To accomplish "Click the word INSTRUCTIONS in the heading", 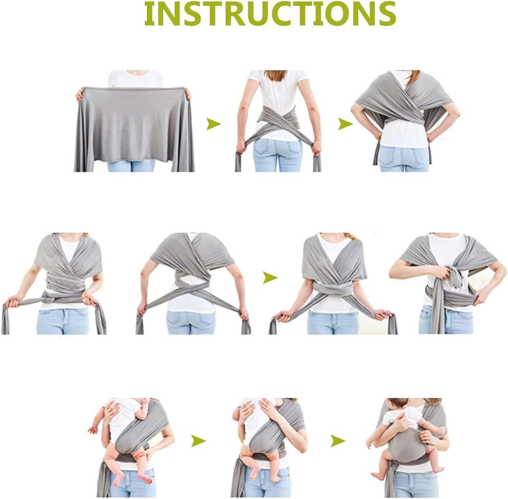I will (270, 14).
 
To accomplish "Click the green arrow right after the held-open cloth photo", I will (213, 124).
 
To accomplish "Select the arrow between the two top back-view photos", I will (345, 124).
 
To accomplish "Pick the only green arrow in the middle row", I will (270, 278).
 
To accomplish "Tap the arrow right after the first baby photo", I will (198, 440).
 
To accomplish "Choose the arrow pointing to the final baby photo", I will (338, 440).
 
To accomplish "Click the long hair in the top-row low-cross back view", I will (275, 75).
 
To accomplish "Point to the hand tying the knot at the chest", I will (441, 272).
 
